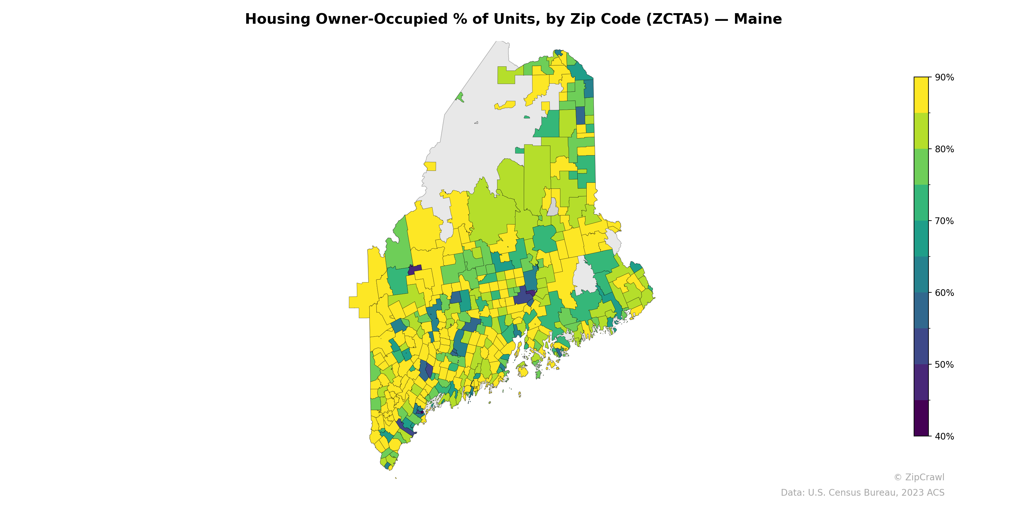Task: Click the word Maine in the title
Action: click(757, 19)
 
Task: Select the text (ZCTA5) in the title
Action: click(678, 19)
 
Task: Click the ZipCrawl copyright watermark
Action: click(919, 477)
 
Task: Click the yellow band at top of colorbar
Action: click(921, 95)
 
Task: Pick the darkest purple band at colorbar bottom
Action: click(921, 418)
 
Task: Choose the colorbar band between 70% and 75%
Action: click(921, 203)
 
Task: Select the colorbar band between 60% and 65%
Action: click(921, 274)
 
